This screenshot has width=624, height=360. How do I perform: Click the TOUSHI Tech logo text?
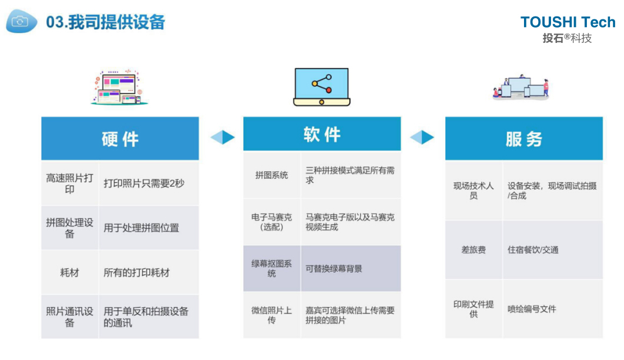568,22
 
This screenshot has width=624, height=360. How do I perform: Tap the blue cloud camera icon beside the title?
21,21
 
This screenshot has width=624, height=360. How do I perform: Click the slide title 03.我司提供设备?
106,22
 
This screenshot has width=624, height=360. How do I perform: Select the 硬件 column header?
120,139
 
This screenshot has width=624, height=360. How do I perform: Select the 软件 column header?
322,134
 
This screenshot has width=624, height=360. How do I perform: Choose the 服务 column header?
523,139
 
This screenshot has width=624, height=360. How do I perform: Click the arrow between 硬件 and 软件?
222,137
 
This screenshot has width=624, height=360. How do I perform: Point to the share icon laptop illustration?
322,86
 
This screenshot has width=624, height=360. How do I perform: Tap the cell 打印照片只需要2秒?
144,184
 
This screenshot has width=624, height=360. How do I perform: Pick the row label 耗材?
69,273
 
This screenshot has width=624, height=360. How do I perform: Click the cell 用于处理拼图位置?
141,228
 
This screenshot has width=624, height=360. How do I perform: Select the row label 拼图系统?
272,175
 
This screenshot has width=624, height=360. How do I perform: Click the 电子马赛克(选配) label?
272,222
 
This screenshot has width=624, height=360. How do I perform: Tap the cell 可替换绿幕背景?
333,269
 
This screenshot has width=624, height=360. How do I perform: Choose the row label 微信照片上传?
272,315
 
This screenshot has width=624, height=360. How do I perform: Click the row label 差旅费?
473,250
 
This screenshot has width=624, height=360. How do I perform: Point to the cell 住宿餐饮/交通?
533,250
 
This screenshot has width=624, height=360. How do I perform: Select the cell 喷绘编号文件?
532,309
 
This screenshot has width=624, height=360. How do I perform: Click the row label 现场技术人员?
473,191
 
